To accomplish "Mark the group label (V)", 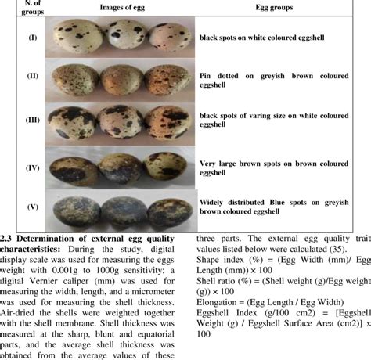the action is click(x=21, y=208).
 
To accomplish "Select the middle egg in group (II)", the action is click(x=124, y=80).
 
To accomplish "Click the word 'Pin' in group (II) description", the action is click(x=207, y=75).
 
